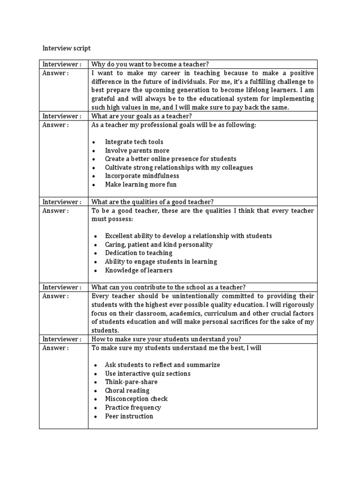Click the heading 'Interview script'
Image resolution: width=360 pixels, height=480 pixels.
point(67,48)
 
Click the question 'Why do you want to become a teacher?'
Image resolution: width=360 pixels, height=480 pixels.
point(150,64)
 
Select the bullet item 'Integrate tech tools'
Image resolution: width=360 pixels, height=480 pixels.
point(134,142)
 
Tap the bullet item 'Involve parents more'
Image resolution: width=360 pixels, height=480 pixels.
point(137,150)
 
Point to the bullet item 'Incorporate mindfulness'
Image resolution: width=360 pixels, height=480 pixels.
point(142,176)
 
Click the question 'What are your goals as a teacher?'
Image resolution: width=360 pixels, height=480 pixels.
point(142,116)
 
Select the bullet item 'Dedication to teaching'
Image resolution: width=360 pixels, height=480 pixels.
point(139,253)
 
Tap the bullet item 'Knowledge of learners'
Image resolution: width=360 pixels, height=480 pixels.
point(139,270)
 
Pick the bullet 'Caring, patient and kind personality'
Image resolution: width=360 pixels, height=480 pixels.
point(158,245)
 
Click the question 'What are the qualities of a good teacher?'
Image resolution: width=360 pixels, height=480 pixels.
point(153,202)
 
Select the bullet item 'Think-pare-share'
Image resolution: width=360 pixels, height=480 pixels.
point(131,382)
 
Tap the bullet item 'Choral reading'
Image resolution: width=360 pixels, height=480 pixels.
point(127,390)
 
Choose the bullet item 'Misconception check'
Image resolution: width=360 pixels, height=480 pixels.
point(136,399)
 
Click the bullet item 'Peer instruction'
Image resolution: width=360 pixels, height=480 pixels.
point(129,416)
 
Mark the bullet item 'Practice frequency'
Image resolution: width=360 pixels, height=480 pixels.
point(133,408)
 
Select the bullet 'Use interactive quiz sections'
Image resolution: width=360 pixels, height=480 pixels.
point(148,374)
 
